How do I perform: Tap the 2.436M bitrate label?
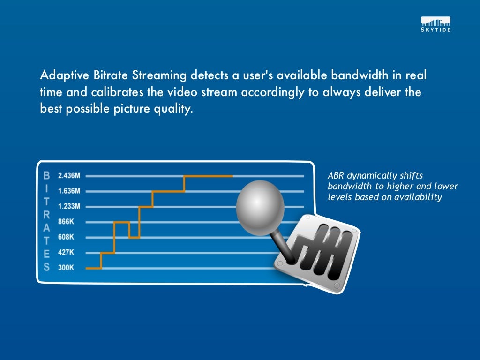tap(69, 176)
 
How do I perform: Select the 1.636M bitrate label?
tap(69, 191)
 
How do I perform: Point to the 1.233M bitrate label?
tap(69, 206)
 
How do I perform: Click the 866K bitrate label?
tap(66, 222)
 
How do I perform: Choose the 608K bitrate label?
tap(66, 237)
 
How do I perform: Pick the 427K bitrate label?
tap(66, 252)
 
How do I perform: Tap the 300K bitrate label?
tap(66, 268)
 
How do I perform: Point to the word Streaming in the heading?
tap(160, 75)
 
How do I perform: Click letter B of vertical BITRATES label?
tap(46, 176)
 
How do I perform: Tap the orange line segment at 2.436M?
tap(209, 176)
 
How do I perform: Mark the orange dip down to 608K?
tap(134, 237)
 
